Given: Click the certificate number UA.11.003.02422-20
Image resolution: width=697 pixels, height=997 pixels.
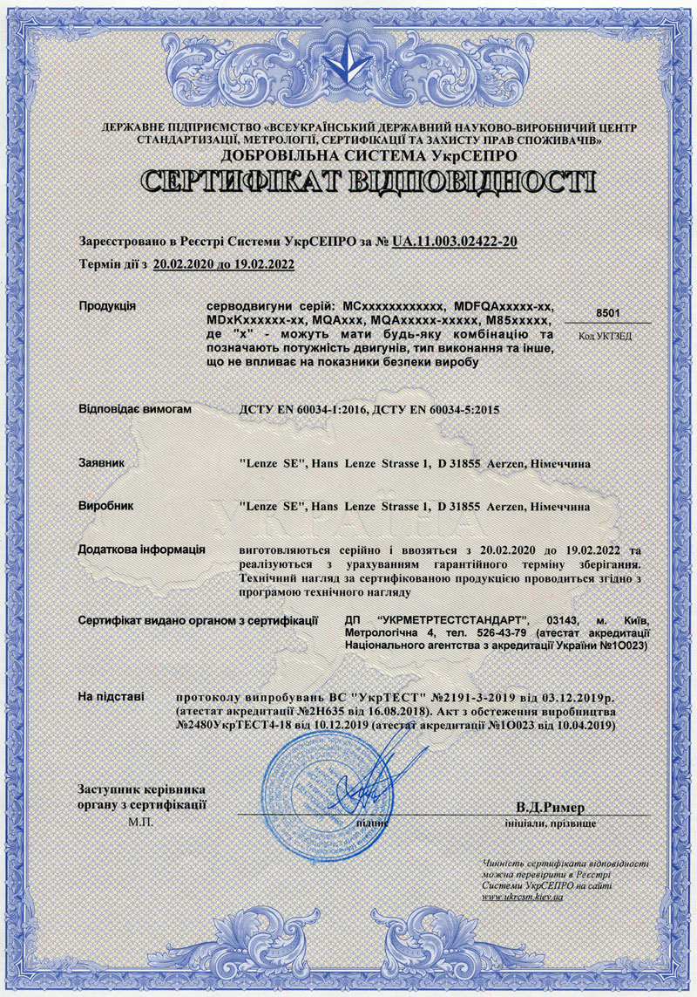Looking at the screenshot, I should tap(456, 241).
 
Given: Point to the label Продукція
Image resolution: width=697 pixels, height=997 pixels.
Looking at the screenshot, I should tap(107, 306).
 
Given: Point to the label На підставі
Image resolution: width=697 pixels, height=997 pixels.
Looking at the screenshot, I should tap(112, 698).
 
